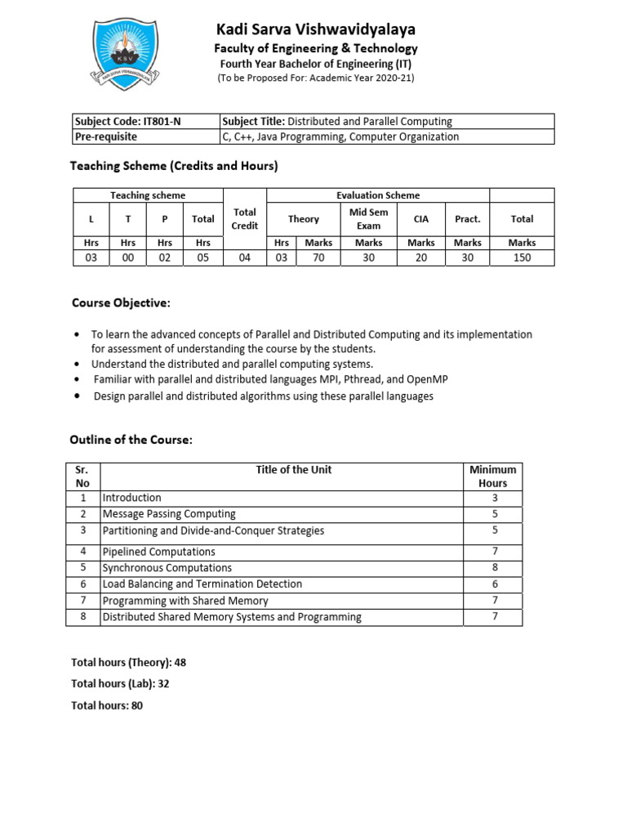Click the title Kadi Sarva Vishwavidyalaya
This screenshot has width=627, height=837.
315,29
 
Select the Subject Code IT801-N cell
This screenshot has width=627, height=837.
146,122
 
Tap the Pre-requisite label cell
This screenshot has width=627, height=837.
146,137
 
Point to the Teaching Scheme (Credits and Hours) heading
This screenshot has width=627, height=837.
174,166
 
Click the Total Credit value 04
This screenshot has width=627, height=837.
245,257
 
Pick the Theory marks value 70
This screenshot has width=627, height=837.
318,257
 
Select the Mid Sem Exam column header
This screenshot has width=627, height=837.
368,219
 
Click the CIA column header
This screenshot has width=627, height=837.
421,219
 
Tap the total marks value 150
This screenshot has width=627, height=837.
522,257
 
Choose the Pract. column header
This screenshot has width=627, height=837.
468,219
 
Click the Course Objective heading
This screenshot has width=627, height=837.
121,303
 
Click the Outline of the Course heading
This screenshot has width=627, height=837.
131,440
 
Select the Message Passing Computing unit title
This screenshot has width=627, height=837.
169,514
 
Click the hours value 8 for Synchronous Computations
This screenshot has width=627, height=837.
493,567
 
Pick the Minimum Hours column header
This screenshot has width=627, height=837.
493,477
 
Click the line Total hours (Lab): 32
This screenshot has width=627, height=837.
121,683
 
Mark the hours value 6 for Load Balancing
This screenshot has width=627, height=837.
493,584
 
